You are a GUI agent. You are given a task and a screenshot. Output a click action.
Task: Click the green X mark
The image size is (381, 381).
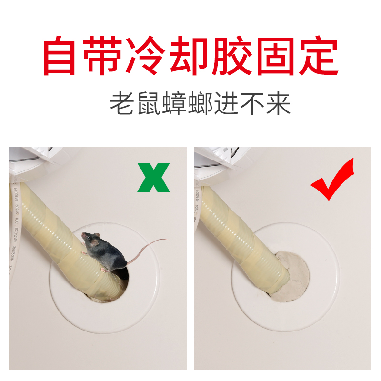(x=153, y=177)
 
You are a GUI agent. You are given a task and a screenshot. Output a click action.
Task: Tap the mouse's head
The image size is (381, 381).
(x=90, y=240)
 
